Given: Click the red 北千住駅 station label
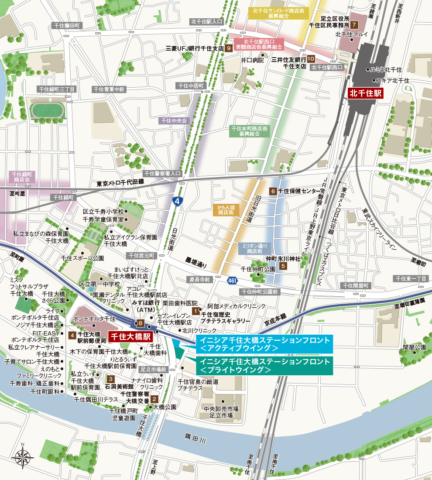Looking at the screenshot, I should tap(365, 93).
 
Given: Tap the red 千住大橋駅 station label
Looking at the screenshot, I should tap(129, 336).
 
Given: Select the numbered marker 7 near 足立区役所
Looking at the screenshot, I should tap(354, 24).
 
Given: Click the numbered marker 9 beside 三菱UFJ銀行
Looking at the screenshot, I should tap(229, 48).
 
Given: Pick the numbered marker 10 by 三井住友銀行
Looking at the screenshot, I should tap(311, 58).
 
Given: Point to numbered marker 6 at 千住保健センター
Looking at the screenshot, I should tap(273, 191).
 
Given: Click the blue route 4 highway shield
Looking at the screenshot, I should tap(177, 201).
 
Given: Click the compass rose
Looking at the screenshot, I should tap(23, 456).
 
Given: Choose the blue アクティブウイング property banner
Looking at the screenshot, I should tap(264, 344).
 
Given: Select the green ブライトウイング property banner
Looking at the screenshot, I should tap(264, 366).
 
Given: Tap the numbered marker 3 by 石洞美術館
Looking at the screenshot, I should tap(111, 379).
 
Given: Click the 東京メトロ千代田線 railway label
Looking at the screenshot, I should tap(120, 184).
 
